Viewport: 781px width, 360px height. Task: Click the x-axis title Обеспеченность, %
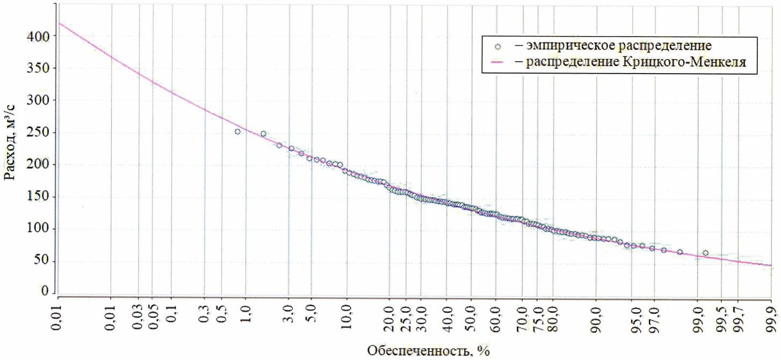428,351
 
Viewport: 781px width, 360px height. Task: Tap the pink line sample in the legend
498,63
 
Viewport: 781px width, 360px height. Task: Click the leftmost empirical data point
237,132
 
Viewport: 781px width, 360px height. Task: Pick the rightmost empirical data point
705,253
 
